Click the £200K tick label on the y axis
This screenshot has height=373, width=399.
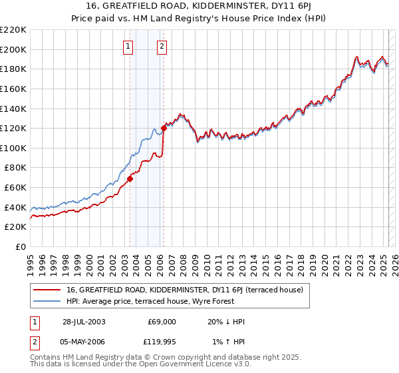click(x=13, y=49)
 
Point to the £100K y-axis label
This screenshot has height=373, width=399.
click(x=13, y=148)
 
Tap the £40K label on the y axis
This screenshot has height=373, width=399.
click(x=15, y=207)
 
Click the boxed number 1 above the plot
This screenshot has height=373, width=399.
click(x=127, y=46)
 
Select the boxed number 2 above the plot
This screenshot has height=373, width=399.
click(x=162, y=46)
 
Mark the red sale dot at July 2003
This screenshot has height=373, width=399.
click(x=130, y=179)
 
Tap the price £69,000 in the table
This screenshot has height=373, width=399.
click(x=161, y=322)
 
